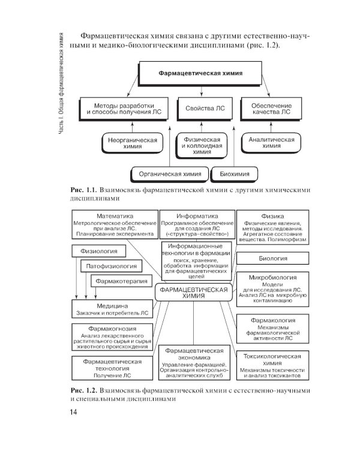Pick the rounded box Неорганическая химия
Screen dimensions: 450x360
coord(133,143)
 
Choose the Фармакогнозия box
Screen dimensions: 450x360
coord(112,337)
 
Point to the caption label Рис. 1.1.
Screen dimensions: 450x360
coord(83,191)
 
